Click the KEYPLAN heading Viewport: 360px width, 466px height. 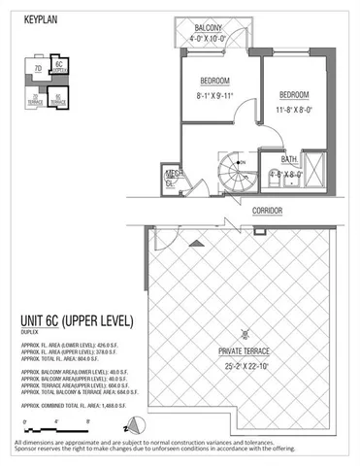[x=41, y=18]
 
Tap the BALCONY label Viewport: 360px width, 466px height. [x=203, y=28]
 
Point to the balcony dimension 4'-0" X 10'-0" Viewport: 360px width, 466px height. [x=203, y=40]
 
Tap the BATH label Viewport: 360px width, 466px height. [x=289, y=159]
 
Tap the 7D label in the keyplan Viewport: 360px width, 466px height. [x=36, y=70]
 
